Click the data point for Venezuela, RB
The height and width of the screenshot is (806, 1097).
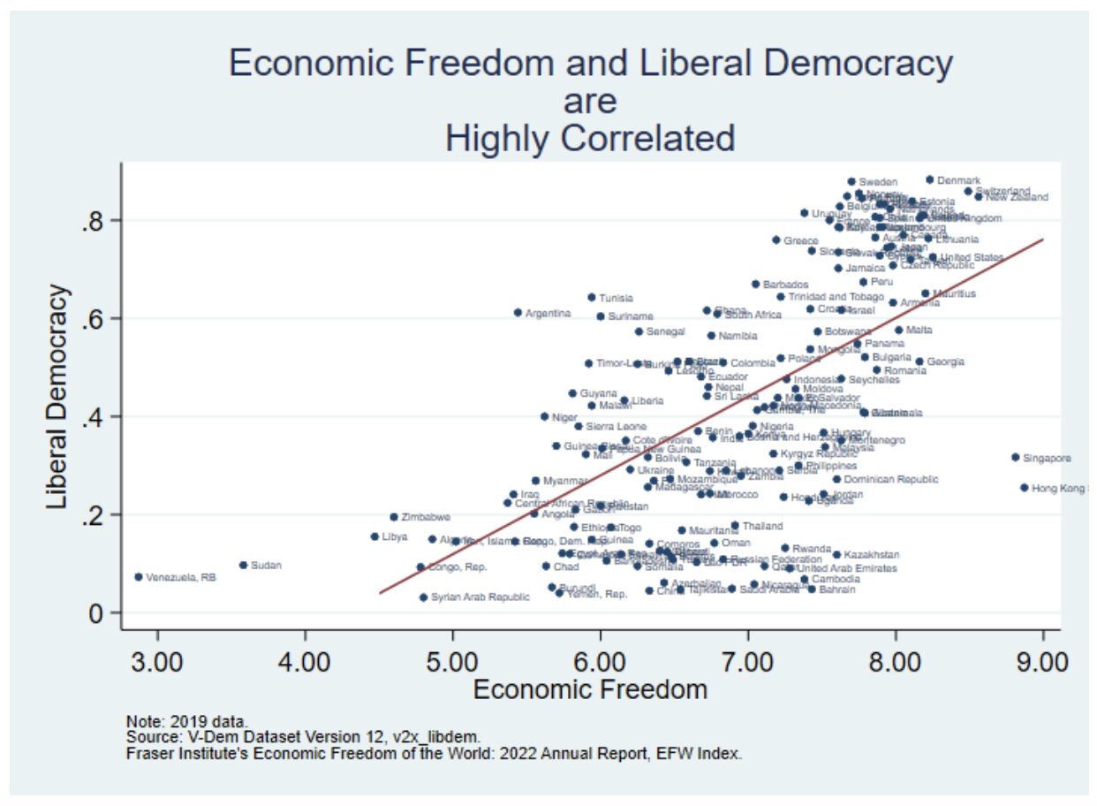coord(139,576)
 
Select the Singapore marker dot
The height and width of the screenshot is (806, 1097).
coord(1016,457)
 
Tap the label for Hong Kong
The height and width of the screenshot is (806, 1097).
coord(1059,488)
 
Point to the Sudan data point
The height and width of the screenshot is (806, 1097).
coord(243,565)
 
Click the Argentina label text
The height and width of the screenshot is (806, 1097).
coord(548,314)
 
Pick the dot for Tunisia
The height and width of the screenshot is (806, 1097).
coord(592,297)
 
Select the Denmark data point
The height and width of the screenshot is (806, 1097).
coord(930,179)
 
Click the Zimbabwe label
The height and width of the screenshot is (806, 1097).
coord(426,517)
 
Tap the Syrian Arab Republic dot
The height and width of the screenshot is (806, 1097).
coord(423,597)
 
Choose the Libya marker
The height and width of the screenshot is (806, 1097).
coord(374,536)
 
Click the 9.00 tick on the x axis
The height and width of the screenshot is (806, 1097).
coord(1043,661)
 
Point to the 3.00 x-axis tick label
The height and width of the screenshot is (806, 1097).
coord(157,661)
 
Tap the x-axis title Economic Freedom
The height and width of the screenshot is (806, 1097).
coord(590,690)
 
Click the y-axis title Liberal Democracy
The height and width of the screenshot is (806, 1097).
coord(57,396)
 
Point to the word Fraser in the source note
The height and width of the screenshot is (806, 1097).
coord(148,754)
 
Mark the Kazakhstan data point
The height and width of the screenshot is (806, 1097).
coord(836,555)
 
